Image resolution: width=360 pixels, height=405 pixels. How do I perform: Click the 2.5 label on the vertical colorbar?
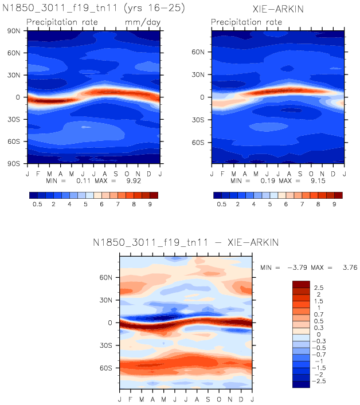[319, 288]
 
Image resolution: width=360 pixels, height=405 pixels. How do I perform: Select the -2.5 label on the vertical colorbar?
[322, 380]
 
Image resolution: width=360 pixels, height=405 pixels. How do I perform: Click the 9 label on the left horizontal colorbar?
[150, 204]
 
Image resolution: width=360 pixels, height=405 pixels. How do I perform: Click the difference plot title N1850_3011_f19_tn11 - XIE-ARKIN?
[186, 243]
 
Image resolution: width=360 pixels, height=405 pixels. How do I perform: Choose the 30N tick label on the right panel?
[200, 74]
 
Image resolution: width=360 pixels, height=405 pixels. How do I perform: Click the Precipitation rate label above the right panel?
[246, 22]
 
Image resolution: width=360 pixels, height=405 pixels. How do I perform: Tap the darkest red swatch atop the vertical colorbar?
[301, 284]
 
